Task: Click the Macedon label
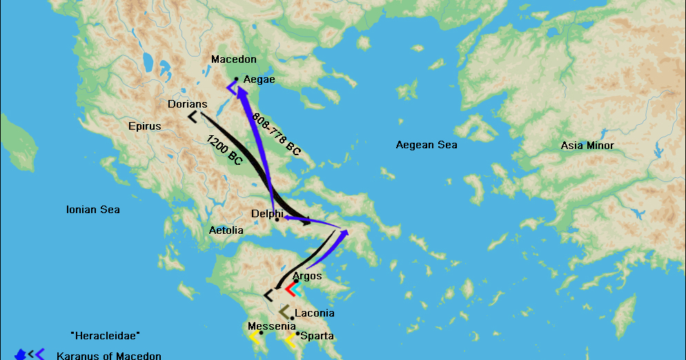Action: coord(234,60)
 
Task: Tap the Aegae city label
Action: coord(259,80)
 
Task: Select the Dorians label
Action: coord(187,104)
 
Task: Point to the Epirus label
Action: coord(144,126)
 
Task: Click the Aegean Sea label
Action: coord(427,145)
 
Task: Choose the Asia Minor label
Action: coord(587,146)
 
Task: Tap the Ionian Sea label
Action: coord(92,210)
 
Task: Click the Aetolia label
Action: coord(226,230)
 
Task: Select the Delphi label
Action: coord(267,214)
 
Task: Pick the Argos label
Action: coord(307,276)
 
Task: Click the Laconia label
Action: coord(314,313)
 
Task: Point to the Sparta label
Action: coord(317,336)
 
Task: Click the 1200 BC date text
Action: coord(225,150)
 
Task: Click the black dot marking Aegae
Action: coord(236,79)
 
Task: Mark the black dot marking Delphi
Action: coord(277,219)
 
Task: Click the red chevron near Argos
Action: coord(291,290)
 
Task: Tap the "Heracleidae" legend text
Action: coord(106,334)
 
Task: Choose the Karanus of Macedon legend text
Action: coord(108,356)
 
